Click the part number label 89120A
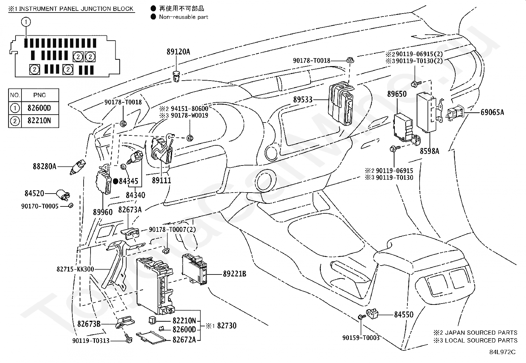coord(178,52)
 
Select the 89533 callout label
coord(303,100)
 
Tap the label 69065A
coord(492,112)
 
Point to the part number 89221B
coord(234,274)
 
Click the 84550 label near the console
coord(404,314)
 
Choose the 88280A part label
coord(45,166)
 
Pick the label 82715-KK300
coord(75,269)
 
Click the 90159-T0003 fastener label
coord(361,338)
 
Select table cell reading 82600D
coord(39,108)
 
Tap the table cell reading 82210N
coord(39,121)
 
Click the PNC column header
coord(39,95)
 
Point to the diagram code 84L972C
coord(503,352)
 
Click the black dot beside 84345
coord(116,181)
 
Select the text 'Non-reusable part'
coord(184,17)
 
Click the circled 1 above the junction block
coord(26,22)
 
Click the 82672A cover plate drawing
coord(151,338)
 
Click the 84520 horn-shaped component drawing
coord(63,195)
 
